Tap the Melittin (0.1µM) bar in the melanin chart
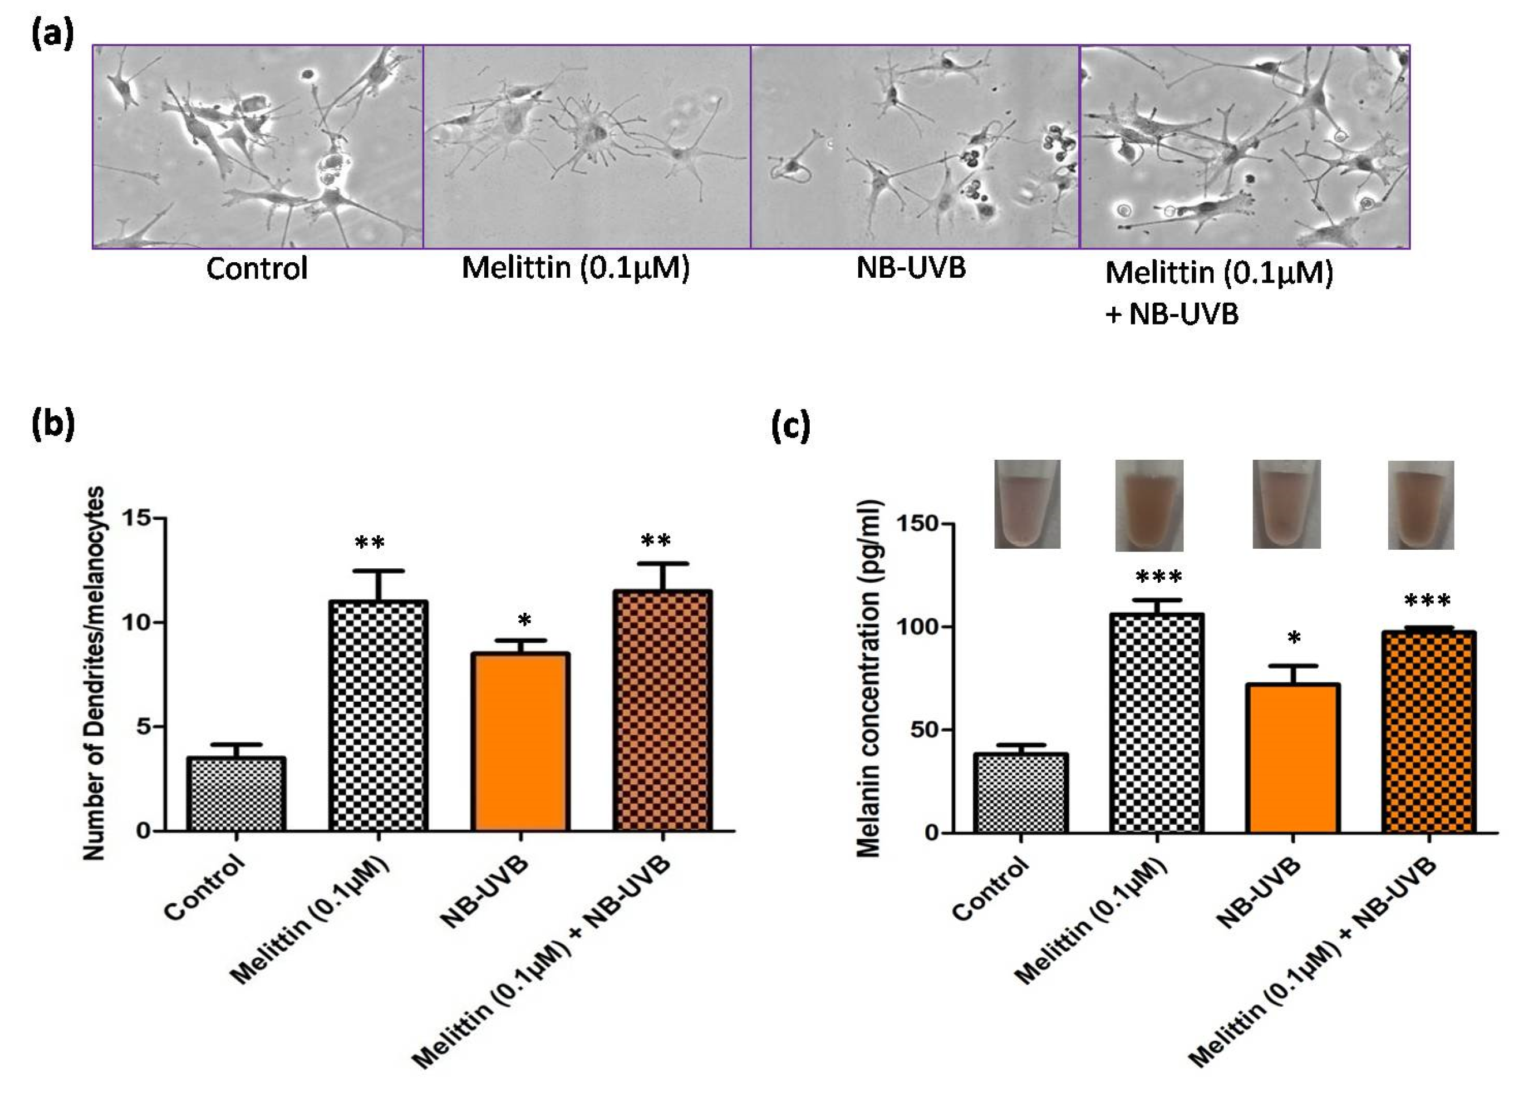click(x=1157, y=723)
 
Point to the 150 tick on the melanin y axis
click(x=918, y=523)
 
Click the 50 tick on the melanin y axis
click(x=924, y=729)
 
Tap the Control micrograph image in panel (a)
click(x=257, y=146)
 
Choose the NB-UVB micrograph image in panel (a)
click(x=914, y=146)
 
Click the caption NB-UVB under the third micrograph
click(x=911, y=268)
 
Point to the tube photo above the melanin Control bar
click(x=1027, y=504)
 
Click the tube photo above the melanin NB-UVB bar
click(x=1286, y=504)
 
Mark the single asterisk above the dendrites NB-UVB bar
click(x=524, y=620)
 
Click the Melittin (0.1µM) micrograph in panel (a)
click(x=586, y=146)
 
